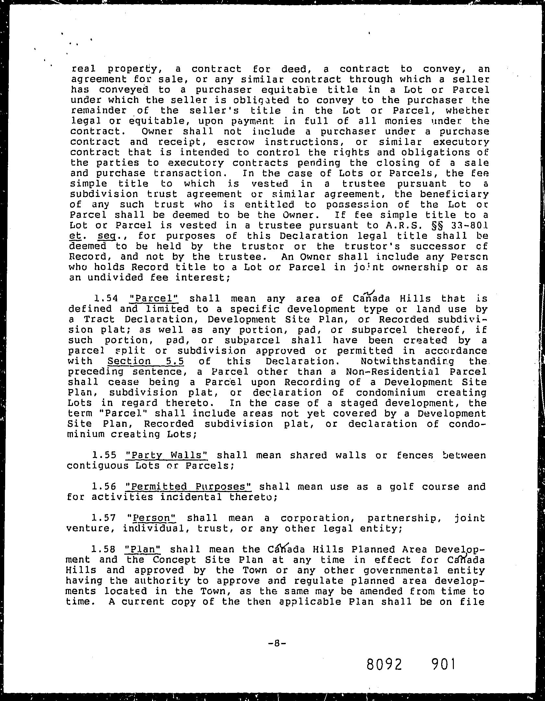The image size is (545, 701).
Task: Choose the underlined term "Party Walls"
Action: click(166, 455)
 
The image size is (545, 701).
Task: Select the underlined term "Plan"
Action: click(143, 549)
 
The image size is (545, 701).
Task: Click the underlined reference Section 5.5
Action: click(143, 361)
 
